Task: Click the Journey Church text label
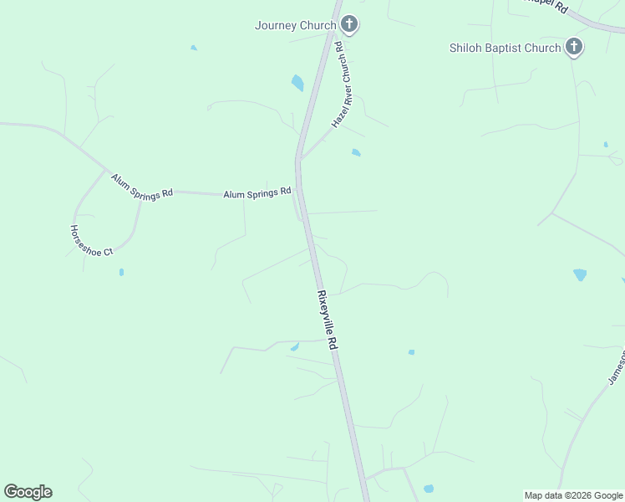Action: tap(295, 25)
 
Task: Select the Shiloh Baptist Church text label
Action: tap(505, 48)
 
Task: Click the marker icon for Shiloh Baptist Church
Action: tap(574, 47)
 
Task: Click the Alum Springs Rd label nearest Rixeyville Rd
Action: tap(257, 193)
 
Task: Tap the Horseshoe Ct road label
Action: tap(91, 240)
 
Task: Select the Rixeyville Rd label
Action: tap(328, 320)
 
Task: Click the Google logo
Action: tap(28, 492)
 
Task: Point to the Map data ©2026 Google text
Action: tap(573, 495)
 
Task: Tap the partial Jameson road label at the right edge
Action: tap(616, 369)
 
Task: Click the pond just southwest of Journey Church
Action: tap(297, 83)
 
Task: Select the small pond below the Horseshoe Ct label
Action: tap(121, 272)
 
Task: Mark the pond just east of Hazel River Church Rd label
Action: tap(357, 152)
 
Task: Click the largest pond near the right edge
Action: tap(580, 274)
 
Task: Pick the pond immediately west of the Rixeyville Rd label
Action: tap(295, 346)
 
